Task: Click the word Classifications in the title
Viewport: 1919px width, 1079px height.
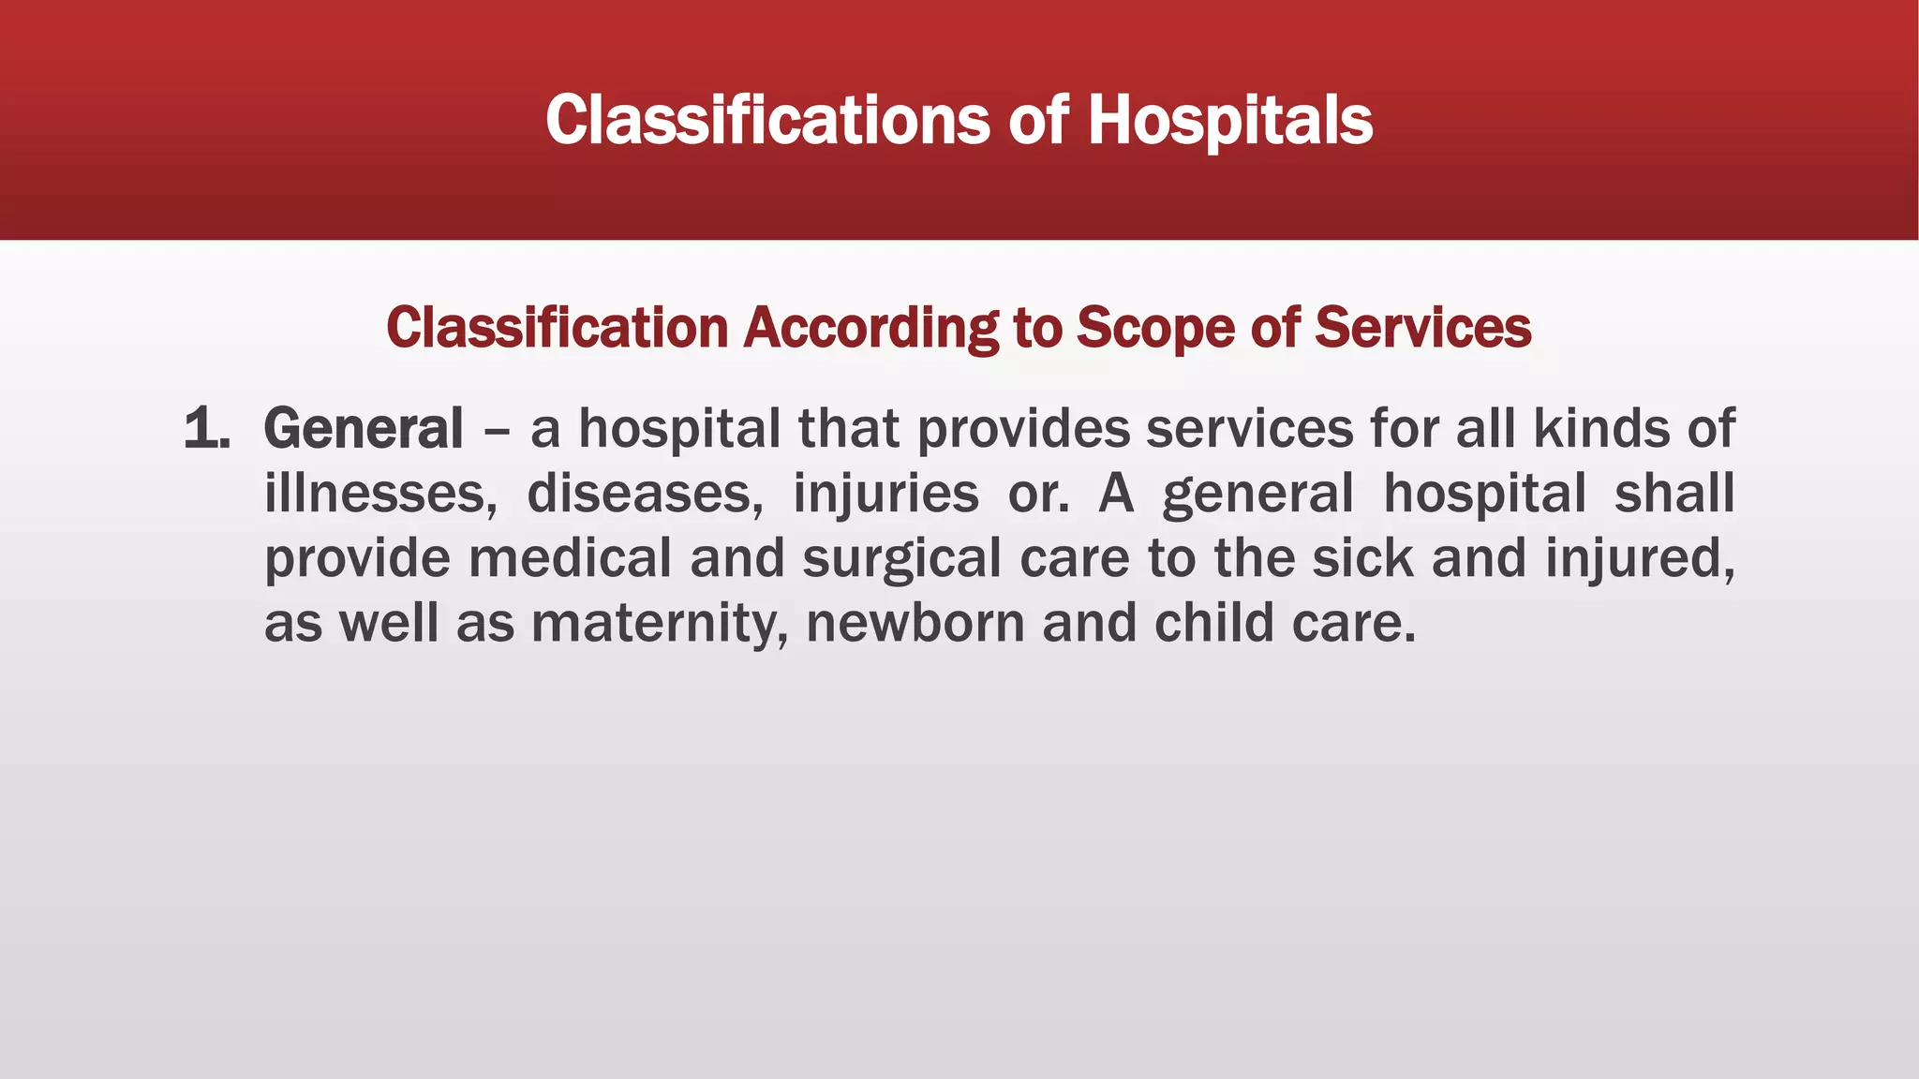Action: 766,121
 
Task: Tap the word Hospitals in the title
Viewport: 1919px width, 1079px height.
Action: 1229,121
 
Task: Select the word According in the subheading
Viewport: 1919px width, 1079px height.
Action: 870,328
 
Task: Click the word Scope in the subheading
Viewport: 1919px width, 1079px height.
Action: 1154,328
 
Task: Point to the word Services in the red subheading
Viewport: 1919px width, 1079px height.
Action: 1422,328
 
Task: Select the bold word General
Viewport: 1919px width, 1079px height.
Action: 364,430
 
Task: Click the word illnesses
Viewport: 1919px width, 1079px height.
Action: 380,494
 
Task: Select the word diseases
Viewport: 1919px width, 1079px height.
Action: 645,494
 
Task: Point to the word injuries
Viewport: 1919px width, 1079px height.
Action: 885,494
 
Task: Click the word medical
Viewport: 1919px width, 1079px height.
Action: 570,558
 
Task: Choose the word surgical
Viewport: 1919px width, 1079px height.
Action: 901,560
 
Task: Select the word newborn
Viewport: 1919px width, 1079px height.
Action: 915,624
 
